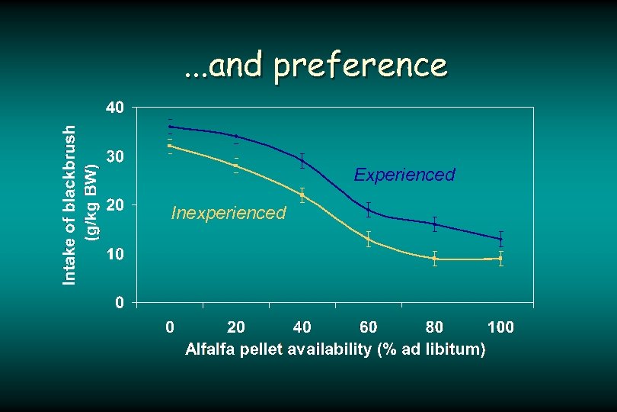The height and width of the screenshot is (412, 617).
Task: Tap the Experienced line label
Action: click(404, 175)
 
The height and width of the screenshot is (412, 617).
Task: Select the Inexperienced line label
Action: click(229, 212)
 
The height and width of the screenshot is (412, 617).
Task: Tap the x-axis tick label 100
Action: click(500, 327)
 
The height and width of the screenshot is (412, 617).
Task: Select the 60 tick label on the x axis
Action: click(368, 327)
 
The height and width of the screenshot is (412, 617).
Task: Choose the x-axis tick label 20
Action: click(236, 327)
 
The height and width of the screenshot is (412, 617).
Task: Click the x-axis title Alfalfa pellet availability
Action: click(335, 349)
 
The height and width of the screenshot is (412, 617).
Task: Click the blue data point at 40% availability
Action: click(302, 160)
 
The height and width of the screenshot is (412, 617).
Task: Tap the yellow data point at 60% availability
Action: click(369, 239)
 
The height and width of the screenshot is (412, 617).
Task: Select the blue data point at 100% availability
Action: click(500, 239)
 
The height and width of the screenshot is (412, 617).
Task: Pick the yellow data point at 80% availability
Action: click(434, 259)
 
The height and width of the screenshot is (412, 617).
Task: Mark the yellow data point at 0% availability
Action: click(170, 146)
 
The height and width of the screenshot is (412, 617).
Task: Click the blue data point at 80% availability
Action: click(434, 224)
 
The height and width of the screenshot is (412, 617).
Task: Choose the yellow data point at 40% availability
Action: click(302, 195)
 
